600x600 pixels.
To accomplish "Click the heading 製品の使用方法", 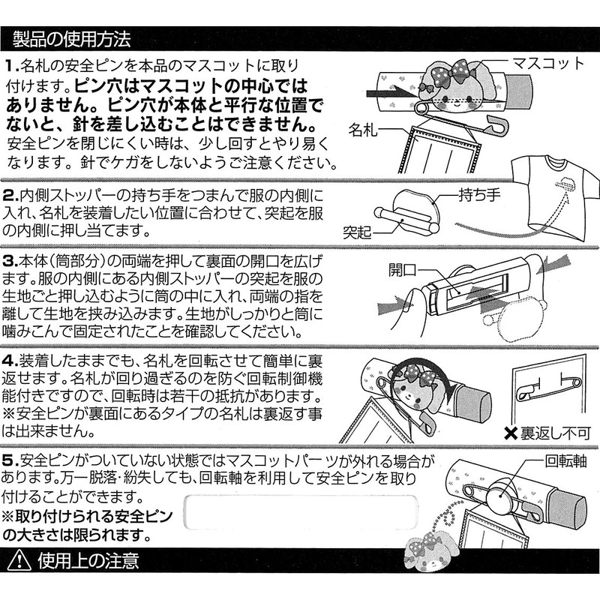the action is [72, 36].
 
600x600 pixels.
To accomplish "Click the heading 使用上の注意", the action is [87, 559].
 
